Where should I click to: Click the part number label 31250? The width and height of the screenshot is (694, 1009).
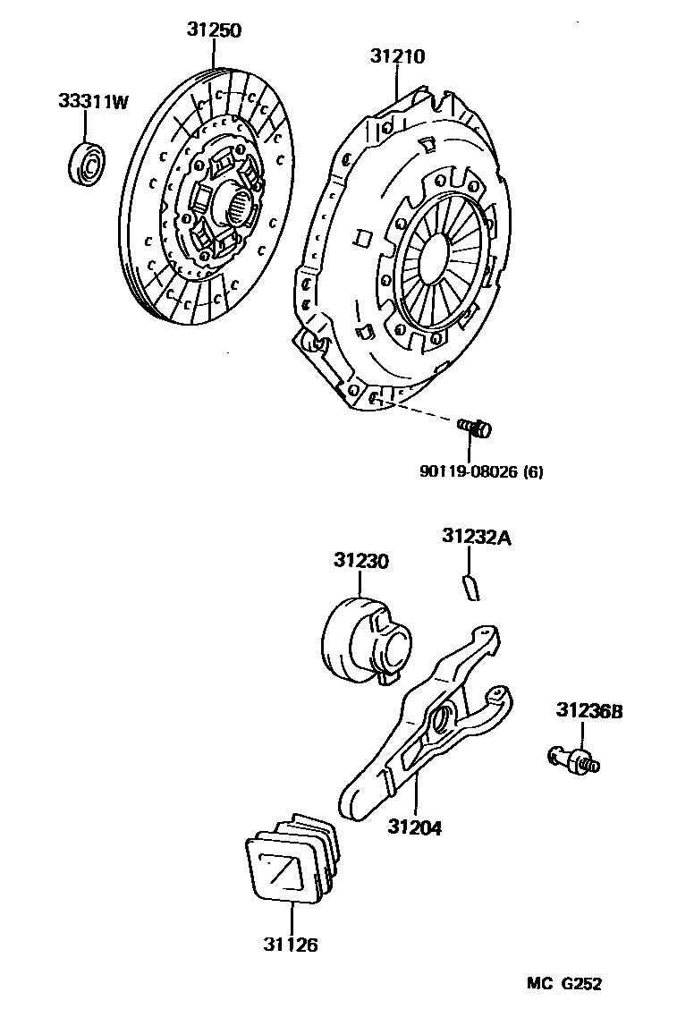pos(214,30)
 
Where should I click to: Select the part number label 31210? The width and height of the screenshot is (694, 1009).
pos(398,56)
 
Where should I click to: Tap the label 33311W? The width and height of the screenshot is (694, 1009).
pos(94,102)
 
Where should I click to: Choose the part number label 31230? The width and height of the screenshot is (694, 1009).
pos(361,561)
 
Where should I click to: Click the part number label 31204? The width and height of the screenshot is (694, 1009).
pos(415,827)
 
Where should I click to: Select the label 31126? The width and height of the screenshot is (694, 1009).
pos(291,944)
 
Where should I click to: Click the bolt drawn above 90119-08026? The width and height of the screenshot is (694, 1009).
pos(474,428)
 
